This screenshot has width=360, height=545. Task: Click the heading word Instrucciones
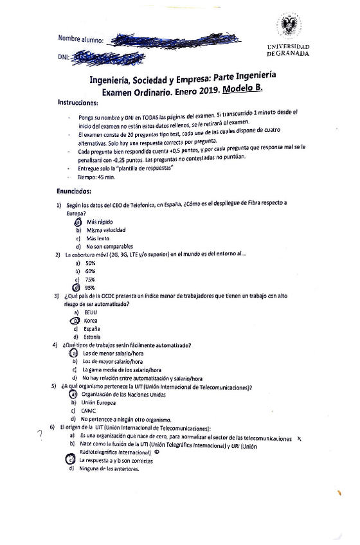(x=78, y=103)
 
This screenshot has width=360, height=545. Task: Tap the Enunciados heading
(x=74, y=191)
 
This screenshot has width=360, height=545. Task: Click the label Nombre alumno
(x=81, y=40)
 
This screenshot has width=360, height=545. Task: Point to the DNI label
(x=63, y=58)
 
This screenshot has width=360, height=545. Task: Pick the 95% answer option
(x=90, y=288)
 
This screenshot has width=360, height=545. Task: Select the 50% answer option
(x=90, y=263)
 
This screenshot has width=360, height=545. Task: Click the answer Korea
(x=91, y=320)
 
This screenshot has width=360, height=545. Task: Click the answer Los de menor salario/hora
(x=113, y=353)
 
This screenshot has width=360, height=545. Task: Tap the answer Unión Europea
(x=98, y=403)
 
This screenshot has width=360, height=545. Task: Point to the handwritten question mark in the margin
(x=40, y=433)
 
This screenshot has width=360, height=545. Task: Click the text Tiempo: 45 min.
(x=95, y=176)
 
